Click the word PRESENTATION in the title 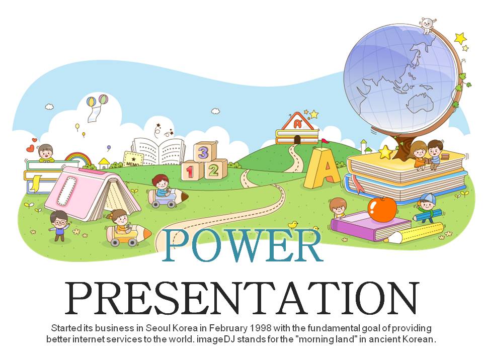242,298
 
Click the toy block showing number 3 205,151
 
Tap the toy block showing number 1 192,170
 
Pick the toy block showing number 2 215,169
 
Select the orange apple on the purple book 382,209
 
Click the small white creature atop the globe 428,26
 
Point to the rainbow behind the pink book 79,157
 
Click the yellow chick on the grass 293,224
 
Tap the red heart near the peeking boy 30,149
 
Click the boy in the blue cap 427,206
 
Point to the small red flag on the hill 325,142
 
